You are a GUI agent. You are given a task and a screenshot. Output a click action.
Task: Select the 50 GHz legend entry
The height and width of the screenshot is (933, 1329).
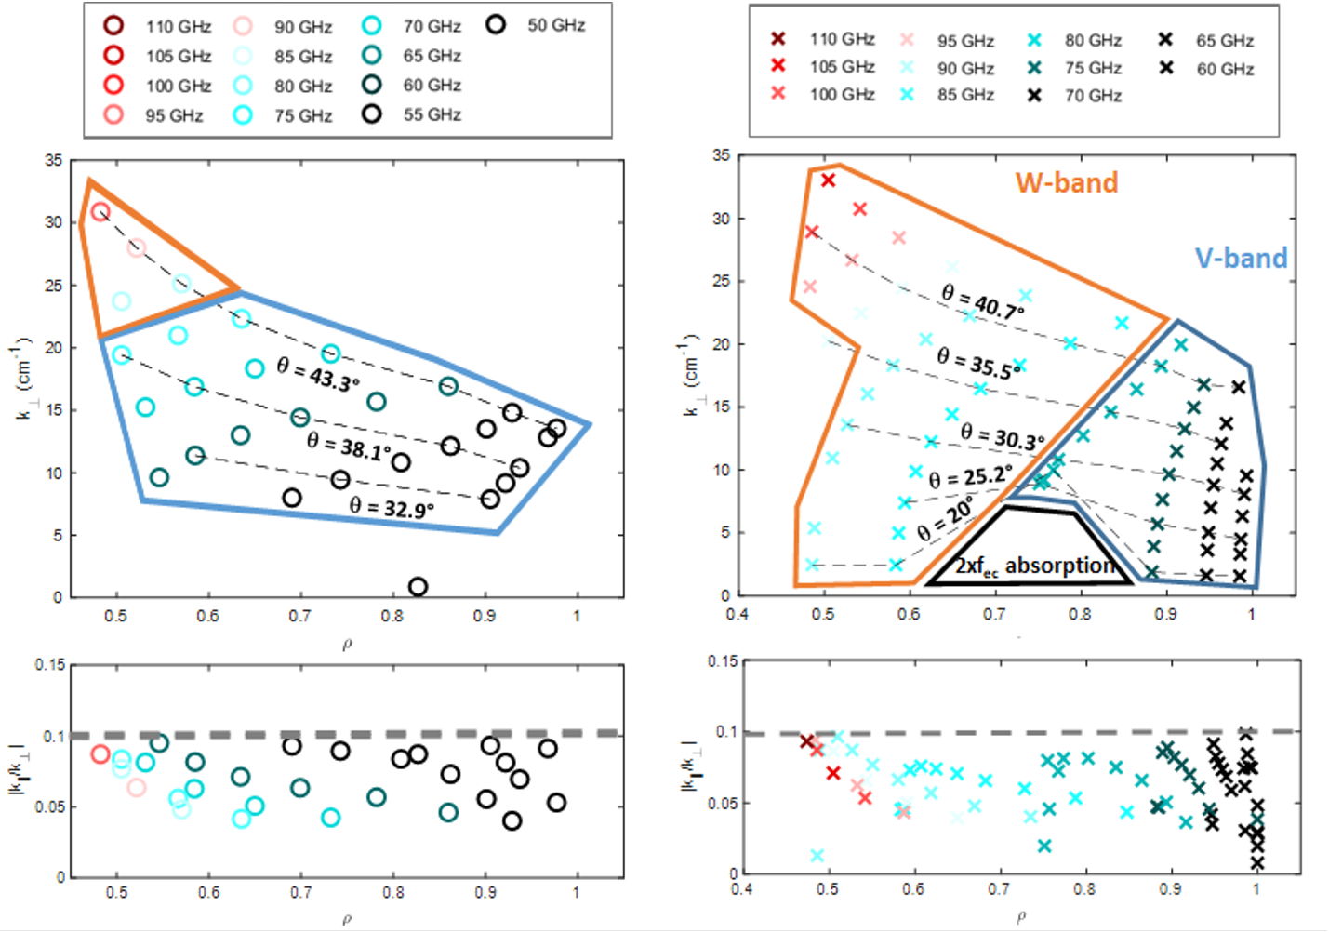point(539,25)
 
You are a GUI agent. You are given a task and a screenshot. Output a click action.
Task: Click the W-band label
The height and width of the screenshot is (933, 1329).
point(1066,182)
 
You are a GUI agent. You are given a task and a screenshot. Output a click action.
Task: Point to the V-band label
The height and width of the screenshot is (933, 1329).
point(1241,258)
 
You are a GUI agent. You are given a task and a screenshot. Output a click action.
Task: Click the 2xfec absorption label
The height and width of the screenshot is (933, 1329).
point(1033,566)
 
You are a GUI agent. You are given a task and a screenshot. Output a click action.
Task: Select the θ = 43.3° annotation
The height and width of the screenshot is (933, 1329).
point(317,374)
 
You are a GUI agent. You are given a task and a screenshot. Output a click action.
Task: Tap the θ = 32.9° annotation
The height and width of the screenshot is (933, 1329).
point(392,508)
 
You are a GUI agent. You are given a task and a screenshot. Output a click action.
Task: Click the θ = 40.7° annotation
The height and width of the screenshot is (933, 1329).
point(982,301)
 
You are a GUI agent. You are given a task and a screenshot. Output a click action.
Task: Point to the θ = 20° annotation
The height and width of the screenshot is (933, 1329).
point(945,518)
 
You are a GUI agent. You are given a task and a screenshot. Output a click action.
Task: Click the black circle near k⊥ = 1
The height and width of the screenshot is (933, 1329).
point(418,587)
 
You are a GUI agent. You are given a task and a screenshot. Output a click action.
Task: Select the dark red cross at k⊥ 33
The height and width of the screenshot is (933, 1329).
point(828,180)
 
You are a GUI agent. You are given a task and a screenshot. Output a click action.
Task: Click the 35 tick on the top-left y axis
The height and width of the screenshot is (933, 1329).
point(53,161)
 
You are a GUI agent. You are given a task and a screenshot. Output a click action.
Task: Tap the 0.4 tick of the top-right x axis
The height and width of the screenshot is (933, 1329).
point(737,614)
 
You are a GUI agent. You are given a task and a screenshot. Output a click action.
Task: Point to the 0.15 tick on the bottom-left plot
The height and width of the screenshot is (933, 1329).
point(50,665)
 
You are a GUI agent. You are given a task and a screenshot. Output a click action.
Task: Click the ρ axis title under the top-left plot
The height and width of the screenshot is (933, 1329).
point(346,645)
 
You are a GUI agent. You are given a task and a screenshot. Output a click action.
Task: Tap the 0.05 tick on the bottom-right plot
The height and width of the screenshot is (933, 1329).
point(726,803)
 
